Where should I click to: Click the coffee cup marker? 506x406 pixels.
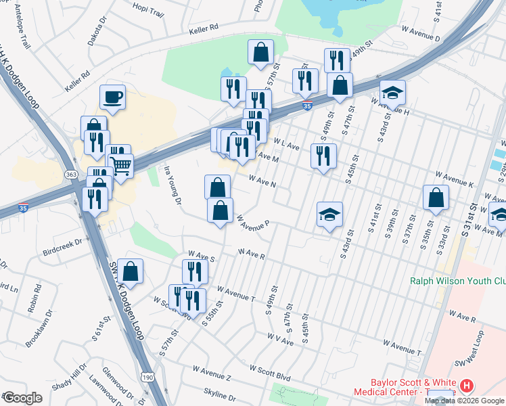coord(112,96)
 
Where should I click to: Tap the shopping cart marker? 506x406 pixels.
coord(120,165)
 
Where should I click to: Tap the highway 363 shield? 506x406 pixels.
coord(71,174)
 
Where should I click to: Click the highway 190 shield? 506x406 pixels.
coord(146,376)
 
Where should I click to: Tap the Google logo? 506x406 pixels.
coord(23,398)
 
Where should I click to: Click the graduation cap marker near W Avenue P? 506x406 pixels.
coord(329,215)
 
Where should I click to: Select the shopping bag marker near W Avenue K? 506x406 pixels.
coord(436,198)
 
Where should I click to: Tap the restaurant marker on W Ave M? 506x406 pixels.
coord(323,156)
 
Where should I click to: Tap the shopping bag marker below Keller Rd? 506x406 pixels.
coord(260,52)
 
